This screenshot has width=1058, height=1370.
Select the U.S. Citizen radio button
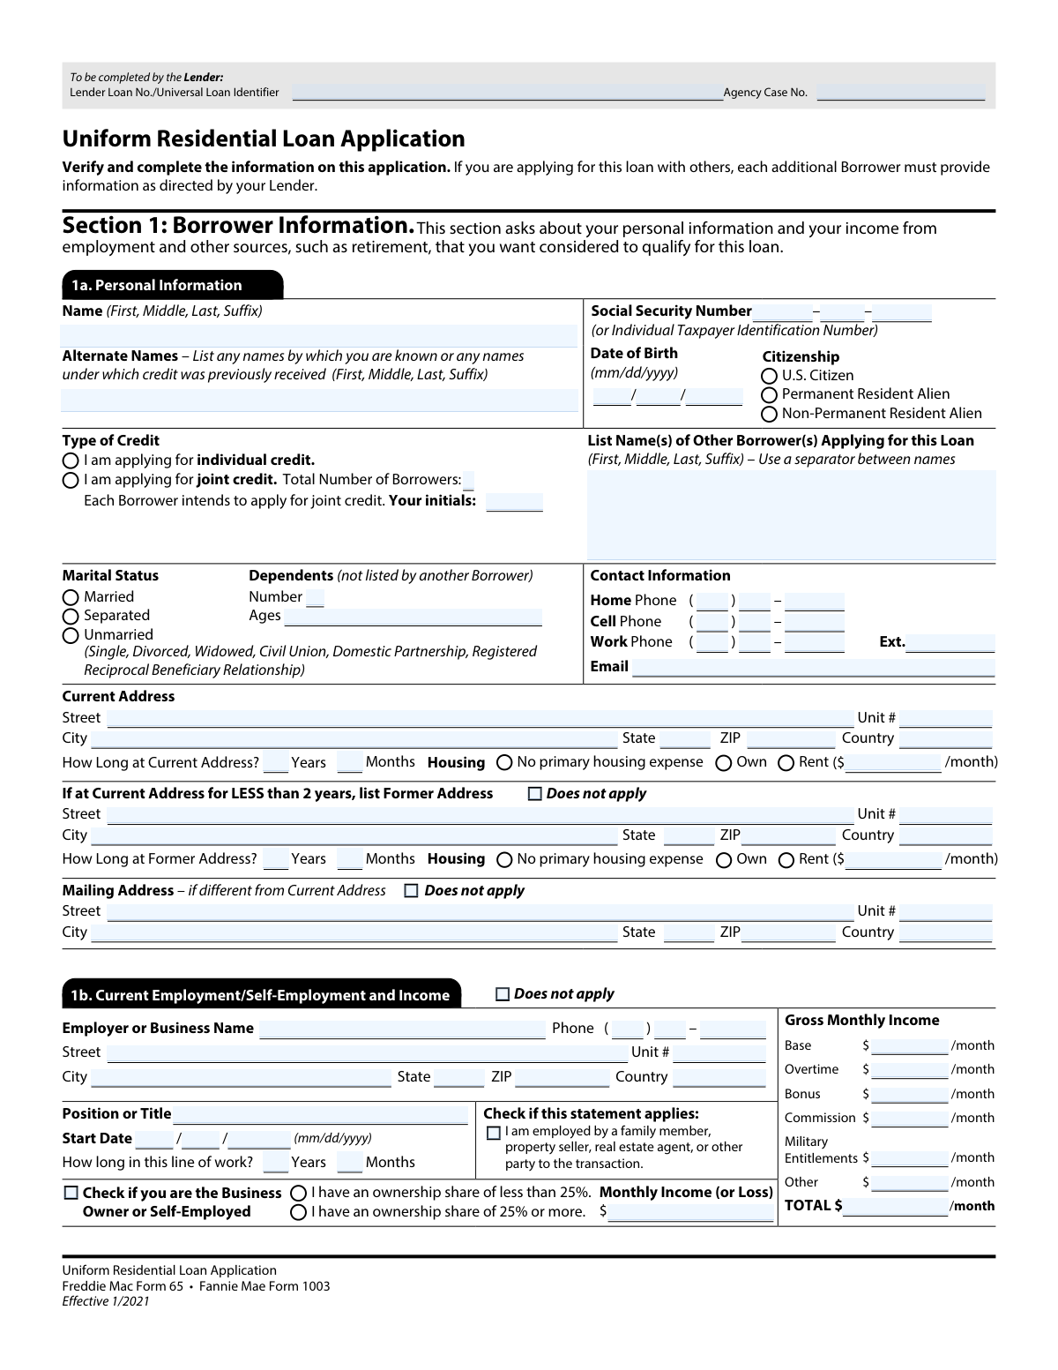point(769,376)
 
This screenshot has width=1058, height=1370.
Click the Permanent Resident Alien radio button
point(769,395)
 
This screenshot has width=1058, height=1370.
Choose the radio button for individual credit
point(71,460)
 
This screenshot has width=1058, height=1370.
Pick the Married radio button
point(71,597)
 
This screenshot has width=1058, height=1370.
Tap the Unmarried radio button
point(71,635)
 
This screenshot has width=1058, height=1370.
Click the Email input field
point(813,668)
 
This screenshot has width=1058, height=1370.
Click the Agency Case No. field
point(900,93)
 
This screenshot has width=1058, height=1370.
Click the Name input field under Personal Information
point(319,335)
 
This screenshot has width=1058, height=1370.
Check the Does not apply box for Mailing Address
point(411,891)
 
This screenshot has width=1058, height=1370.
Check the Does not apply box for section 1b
point(503,994)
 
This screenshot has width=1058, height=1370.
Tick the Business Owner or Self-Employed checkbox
point(71,1193)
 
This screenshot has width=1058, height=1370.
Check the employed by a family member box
point(494,1133)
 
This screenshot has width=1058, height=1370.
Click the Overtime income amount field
point(909,1070)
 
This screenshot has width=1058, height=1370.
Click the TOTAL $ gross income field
point(895,1207)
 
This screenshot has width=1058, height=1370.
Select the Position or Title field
point(320,1115)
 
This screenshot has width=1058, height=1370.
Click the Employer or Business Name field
point(402,1029)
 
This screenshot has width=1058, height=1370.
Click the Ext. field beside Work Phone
point(950,643)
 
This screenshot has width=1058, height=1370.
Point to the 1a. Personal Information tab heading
point(172,285)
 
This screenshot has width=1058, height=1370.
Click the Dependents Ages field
point(414,617)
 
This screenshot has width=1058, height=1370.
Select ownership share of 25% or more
point(298,1212)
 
